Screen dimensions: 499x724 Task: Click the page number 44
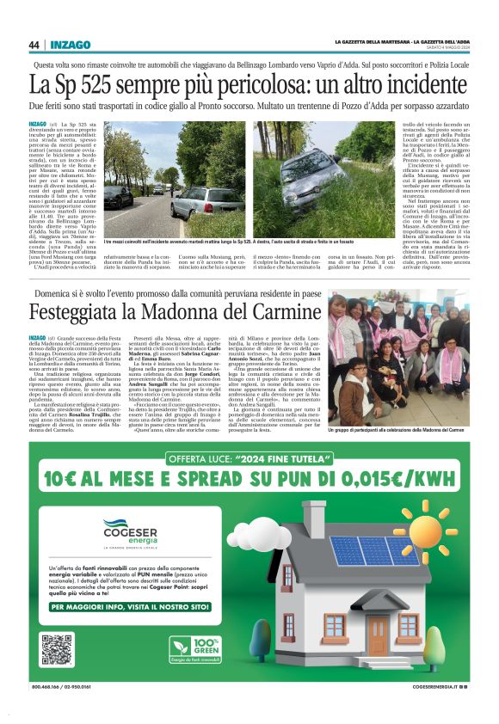click(34, 45)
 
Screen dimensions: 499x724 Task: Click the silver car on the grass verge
click(196, 201)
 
